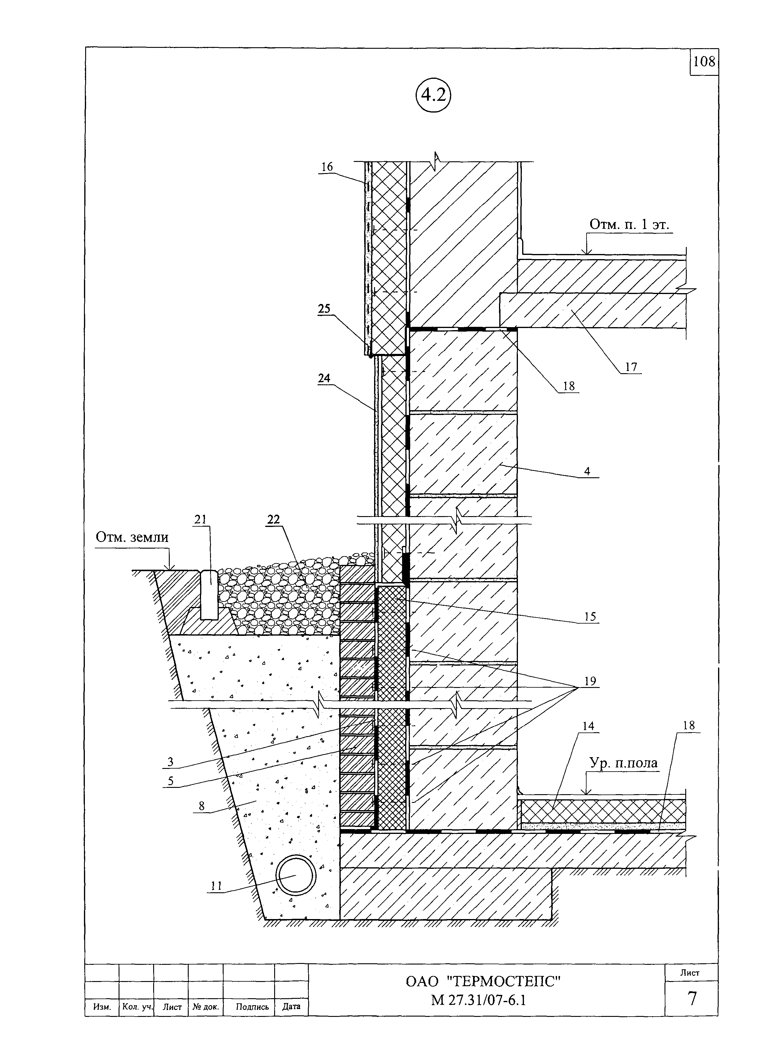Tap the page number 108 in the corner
(x=704, y=61)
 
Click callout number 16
(x=327, y=167)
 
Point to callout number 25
(x=324, y=308)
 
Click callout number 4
(x=587, y=471)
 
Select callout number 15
(x=590, y=616)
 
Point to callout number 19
(x=590, y=681)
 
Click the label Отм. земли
(x=132, y=537)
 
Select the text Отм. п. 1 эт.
(x=629, y=224)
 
